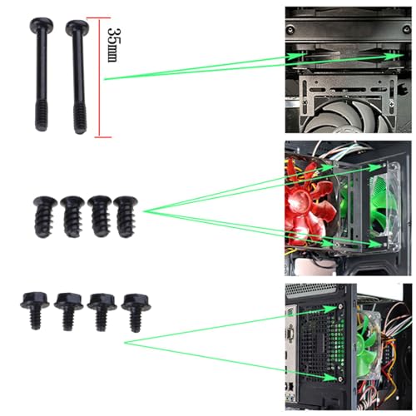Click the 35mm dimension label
pos(114,44)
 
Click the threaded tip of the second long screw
pos(80,120)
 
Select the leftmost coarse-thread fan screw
pos(44,216)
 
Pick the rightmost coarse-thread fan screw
pos(126,216)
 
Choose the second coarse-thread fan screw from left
pos(72,216)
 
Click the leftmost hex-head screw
pos(35,310)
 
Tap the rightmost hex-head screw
pos(136,313)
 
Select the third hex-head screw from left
pos(102,312)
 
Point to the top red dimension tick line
pos(98,18)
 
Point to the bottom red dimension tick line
pos(103,137)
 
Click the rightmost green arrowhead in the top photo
pos(395,57)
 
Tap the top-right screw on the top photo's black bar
pos(407,28)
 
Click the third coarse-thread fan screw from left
pos(99,216)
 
